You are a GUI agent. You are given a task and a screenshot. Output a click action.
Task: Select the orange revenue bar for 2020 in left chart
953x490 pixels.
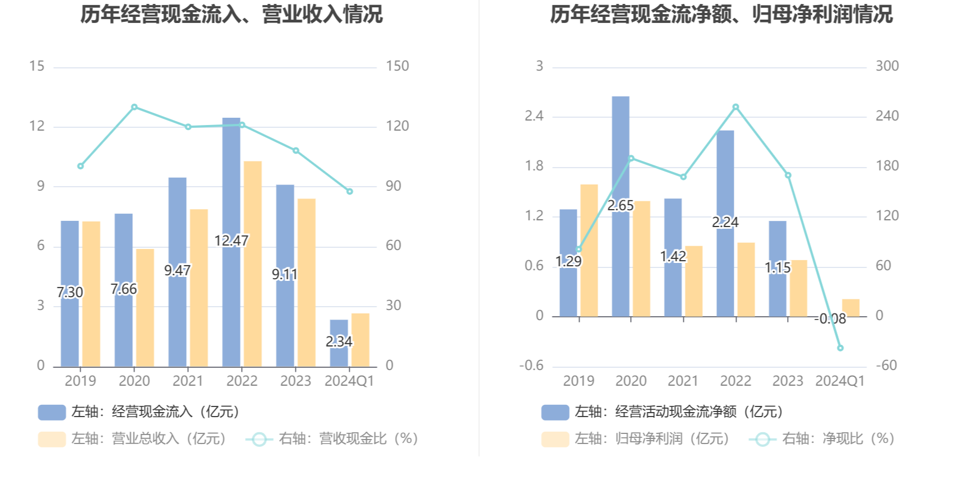tap(145, 308)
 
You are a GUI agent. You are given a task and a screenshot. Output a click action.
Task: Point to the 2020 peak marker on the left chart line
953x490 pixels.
tap(135, 107)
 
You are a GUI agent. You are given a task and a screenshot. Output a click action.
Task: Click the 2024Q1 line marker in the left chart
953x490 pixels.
tap(350, 192)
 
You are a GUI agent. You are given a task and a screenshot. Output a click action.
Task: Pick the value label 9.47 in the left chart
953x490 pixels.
tap(177, 271)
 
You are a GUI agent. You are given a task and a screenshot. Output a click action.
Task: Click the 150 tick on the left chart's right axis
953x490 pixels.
tap(397, 66)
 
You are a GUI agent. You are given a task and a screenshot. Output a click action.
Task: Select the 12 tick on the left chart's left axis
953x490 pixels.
tap(37, 126)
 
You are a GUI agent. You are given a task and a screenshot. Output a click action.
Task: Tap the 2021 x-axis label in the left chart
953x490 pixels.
tap(188, 381)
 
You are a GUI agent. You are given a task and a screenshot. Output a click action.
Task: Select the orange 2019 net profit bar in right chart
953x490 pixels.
tap(589, 251)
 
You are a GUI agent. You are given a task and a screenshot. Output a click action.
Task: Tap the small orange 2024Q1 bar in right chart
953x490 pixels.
tap(850, 308)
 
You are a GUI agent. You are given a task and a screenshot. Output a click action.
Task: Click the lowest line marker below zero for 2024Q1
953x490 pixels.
tap(840, 348)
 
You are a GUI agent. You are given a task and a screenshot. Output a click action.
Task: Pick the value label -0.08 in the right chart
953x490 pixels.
tap(830, 319)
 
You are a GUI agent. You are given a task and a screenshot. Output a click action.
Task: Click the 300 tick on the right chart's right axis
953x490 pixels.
tap(887, 66)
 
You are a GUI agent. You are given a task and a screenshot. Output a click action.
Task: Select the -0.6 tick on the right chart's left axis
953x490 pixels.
tap(531, 366)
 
